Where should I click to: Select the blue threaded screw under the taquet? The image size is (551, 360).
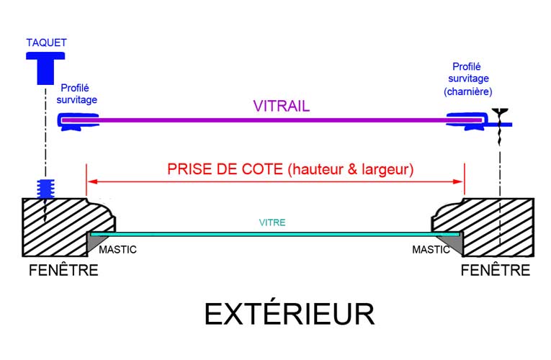(45, 189)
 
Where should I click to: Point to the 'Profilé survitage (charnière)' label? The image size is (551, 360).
(468, 78)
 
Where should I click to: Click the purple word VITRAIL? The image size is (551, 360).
(282, 106)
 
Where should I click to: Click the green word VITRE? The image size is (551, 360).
(272, 222)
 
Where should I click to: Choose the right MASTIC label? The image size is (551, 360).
(431, 250)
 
